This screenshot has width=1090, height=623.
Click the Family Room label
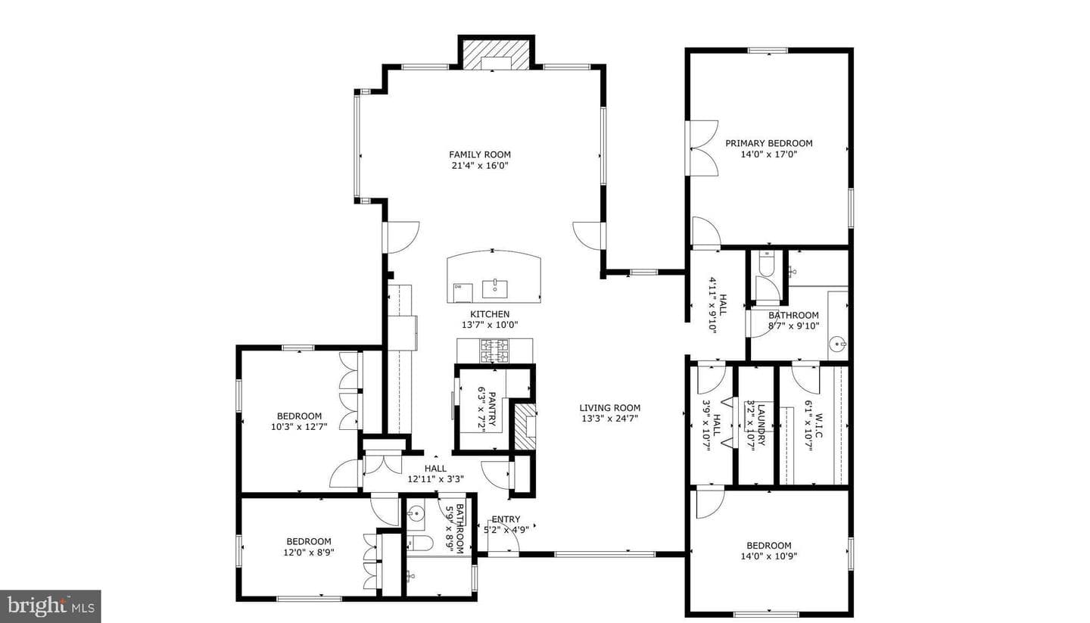click(x=480, y=154)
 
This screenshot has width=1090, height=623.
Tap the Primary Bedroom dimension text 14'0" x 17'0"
click(x=769, y=154)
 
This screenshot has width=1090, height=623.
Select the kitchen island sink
click(x=495, y=289)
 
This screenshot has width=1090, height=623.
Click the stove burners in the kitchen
click(x=494, y=351)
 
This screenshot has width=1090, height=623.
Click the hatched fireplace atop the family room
click(x=496, y=54)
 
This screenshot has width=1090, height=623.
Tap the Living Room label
click(x=610, y=408)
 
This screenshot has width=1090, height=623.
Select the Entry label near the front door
click(x=506, y=519)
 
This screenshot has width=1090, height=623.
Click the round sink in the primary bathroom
click(x=837, y=345)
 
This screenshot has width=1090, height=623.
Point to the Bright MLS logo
click(x=51, y=606)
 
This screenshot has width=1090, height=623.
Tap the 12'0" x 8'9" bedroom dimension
click(x=309, y=553)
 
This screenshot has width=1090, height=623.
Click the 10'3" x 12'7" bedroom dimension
click(x=299, y=427)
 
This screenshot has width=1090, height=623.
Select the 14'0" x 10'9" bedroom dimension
click(x=769, y=556)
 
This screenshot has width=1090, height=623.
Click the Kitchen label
click(x=490, y=314)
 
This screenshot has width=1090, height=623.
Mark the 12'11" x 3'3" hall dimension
click(x=435, y=479)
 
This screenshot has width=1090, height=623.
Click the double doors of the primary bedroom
click(x=702, y=148)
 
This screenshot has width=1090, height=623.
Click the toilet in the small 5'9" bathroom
click(x=419, y=543)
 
